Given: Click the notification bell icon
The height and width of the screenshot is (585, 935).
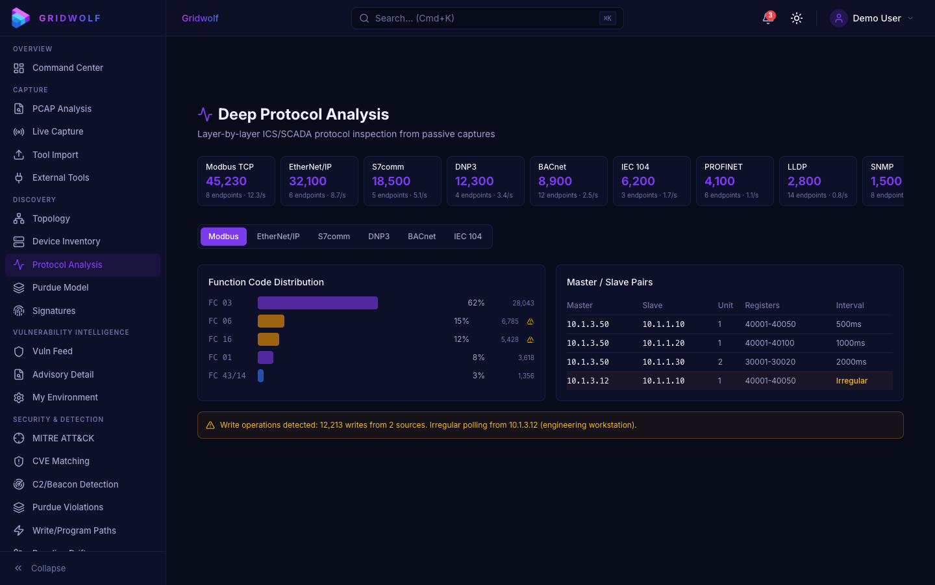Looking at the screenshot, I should [x=767, y=18].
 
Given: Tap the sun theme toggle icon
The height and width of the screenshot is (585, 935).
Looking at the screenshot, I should [x=797, y=18].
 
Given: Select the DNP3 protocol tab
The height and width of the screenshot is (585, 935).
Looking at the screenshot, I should [x=379, y=237].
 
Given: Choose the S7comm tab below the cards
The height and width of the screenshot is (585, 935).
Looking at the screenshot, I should [x=334, y=237].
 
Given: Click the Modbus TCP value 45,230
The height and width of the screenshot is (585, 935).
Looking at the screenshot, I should [x=226, y=181].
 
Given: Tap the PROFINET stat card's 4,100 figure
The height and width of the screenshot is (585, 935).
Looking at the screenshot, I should [x=719, y=181].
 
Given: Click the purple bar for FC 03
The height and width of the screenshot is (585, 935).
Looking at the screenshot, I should [x=318, y=303].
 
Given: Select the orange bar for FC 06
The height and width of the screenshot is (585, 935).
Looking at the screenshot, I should [x=271, y=321].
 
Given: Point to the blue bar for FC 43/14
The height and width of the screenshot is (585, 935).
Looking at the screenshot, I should [x=260, y=376].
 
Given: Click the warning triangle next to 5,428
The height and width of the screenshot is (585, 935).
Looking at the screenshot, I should [x=530, y=339].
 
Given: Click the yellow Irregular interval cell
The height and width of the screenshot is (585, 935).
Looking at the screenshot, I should [x=851, y=381].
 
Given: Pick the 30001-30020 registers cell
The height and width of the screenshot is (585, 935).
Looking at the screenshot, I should [x=770, y=362].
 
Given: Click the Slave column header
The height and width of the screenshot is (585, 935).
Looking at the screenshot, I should [x=652, y=305].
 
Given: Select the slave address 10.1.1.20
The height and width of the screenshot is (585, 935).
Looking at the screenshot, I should [x=663, y=343].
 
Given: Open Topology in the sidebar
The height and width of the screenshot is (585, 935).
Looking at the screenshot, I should [x=51, y=218].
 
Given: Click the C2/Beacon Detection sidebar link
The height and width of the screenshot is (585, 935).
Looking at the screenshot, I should [x=75, y=484].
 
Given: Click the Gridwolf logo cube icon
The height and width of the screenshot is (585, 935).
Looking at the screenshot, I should [x=20, y=18].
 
